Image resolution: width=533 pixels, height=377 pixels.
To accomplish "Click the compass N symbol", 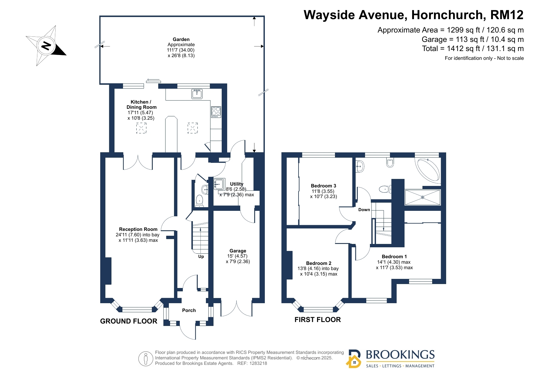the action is (46, 46).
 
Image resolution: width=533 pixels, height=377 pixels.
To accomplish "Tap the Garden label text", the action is (181, 39).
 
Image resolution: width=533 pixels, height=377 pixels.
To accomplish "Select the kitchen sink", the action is (197, 94).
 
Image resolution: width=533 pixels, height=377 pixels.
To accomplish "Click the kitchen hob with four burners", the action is (216, 112).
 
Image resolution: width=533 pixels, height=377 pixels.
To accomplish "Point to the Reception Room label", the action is (138, 229).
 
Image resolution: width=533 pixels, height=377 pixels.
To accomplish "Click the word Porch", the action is (189, 310).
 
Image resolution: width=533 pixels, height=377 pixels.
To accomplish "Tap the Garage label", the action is (238, 251).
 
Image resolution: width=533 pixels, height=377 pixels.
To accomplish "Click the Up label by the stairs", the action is (201, 256).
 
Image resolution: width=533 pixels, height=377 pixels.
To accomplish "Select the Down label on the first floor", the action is (364, 210).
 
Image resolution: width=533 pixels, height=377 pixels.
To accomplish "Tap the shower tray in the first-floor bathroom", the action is (422, 197).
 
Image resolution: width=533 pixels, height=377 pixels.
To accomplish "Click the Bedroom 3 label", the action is (323, 186).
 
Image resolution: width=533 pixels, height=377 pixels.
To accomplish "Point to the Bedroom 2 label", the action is (319, 263).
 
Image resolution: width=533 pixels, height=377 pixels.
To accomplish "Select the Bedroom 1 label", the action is (394, 257).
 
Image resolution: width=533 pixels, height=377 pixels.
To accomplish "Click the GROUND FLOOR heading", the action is (129, 321).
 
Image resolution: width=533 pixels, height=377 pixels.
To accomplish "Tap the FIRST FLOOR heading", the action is (318, 320).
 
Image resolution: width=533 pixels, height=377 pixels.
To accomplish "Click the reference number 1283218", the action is (258, 363).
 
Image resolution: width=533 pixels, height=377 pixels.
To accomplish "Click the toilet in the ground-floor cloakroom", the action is (199, 201).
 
